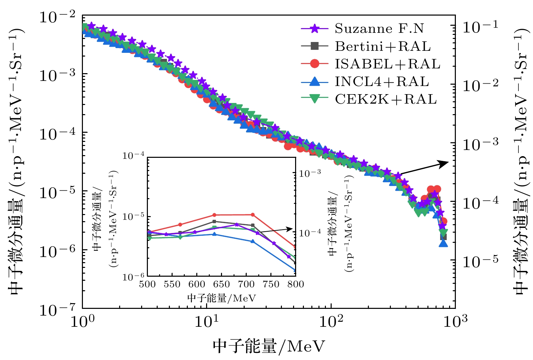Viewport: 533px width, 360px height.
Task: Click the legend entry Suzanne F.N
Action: pyautogui.click(x=379, y=28)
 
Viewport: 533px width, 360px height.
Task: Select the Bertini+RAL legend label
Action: pyautogui.click(x=383, y=46)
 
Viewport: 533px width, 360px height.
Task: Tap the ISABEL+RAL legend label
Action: pyautogui.click(x=387, y=64)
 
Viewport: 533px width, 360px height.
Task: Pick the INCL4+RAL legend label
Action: pyautogui.click(x=382, y=81)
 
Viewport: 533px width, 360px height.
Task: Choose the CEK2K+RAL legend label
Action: pyautogui.click(x=386, y=99)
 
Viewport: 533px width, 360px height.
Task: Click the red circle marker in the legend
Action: pyautogui.click(x=315, y=64)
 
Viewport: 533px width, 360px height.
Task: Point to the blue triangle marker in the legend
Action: pyautogui.click(x=315, y=81)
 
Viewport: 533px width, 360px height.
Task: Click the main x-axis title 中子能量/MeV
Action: pyautogui.click(x=269, y=346)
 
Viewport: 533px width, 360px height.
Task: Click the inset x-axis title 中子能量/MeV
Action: pyautogui.click(x=221, y=298)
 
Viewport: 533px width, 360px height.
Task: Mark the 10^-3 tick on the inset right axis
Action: pyautogui.click(x=310, y=173)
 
